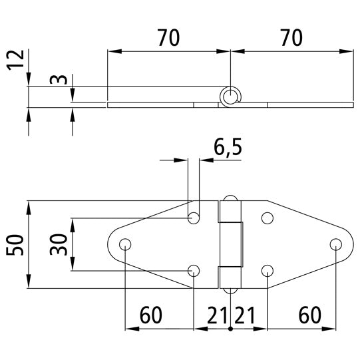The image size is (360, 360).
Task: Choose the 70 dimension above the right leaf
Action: pyautogui.click(x=290, y=39)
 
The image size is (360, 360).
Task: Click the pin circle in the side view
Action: pyautogui.click(x=230, y=97)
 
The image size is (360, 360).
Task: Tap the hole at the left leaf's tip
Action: pyautogui.click(x=125, y=244)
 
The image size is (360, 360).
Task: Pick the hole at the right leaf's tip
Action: pyautogui.click(x=335, y=244)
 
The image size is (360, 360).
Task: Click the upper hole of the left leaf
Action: pyautogui.click(x=194, y=218)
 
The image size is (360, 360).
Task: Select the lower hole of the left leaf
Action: pyautogui.click(x=194, y=270)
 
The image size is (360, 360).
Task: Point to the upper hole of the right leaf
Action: pyautogui.click(x=268, y=218)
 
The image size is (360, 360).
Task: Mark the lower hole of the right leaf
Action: pyautogui.click(x=268, y=270)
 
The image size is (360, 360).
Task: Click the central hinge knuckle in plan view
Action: pyautogui.click(x=231, y=244)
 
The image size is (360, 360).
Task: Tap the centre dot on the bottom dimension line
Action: pyautogui.click(x=230, y=329)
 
